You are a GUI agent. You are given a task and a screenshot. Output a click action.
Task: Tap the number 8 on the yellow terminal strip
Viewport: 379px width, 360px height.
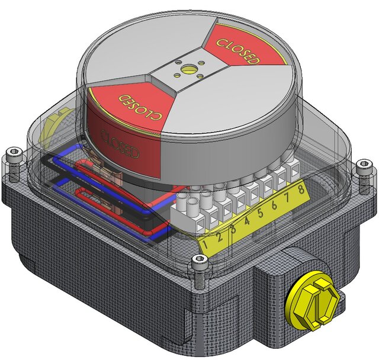coord(302,190)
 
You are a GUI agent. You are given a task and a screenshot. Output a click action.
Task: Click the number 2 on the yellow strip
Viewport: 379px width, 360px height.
coord(220,237)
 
